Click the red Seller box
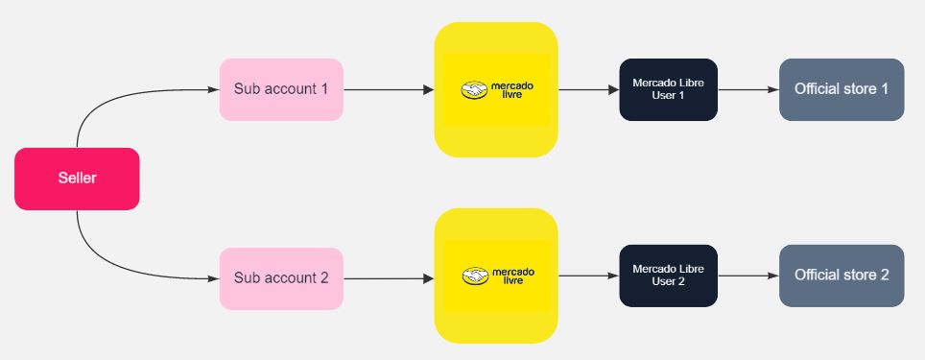tap(77, 179)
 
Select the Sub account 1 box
tap(281, 89)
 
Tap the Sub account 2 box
tap(281, 278)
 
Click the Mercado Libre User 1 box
tap(668, 89)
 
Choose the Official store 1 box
tap(842, 89)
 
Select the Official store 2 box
tap(842, 276)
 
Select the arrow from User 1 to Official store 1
tap(747, 90)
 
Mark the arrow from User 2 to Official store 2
tap(747, 276)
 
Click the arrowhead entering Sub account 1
tap(213, 90)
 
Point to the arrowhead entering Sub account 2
tap(213, 279)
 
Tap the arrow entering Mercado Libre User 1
tap(588, 90)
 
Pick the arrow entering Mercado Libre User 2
tap(588, 276)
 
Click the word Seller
tap(77, 179)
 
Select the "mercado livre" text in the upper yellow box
tap(511, 90)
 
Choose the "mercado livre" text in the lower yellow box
tap(511, 276)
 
